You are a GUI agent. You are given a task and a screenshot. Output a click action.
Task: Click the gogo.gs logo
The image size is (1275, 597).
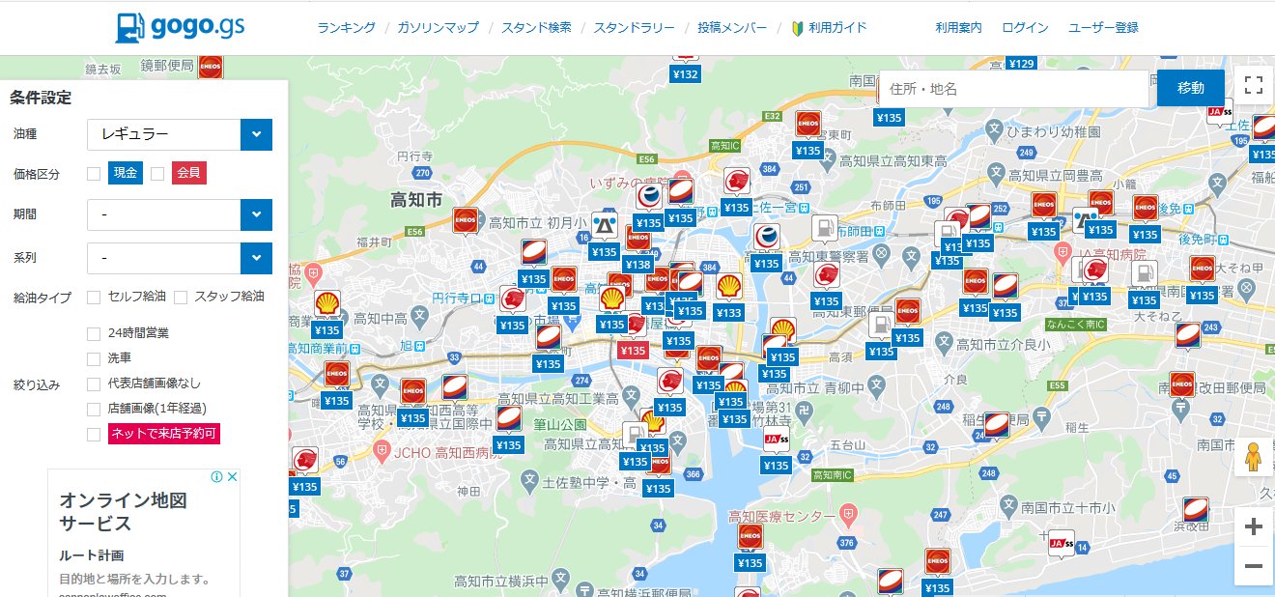(180, 27)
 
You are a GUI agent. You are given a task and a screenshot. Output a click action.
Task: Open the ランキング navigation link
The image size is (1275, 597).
(346, 28)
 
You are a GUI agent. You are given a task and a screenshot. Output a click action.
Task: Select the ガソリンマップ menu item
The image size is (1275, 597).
(438, 28)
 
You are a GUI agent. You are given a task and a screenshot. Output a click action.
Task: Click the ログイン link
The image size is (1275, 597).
(1025, 28)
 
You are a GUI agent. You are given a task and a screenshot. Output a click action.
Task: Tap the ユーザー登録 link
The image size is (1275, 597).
(1103, 28)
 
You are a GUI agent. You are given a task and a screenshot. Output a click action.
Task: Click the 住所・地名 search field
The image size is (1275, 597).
(1014, 89)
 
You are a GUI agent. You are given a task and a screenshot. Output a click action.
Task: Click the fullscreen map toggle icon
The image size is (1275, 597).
(1254, 85)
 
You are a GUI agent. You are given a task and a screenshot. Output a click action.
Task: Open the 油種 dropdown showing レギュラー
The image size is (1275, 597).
(180, 134)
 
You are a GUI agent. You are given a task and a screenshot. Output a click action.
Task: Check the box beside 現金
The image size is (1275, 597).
(94, 174)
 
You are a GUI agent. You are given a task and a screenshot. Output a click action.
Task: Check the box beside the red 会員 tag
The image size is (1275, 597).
(157, 174)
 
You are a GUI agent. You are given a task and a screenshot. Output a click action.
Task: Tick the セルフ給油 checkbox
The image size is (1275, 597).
(94, 297)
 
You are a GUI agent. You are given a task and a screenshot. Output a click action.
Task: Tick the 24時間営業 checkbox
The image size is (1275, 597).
(94, 334)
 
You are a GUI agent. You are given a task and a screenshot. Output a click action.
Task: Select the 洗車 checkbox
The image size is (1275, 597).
(94, 359)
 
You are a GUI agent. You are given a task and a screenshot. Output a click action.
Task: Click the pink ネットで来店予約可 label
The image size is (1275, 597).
(164, 433)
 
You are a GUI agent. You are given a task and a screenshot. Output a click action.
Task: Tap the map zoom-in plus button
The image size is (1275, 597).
(1254, 526)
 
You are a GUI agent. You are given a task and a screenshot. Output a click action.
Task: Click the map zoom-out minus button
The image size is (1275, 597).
(1254, 566)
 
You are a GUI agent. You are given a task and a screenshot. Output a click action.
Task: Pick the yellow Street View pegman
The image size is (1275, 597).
(1254, 456)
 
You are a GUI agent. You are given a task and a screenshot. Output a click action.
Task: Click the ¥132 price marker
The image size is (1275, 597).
(685, 74)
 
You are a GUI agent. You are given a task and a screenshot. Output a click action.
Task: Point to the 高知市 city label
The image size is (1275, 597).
(416, 200)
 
